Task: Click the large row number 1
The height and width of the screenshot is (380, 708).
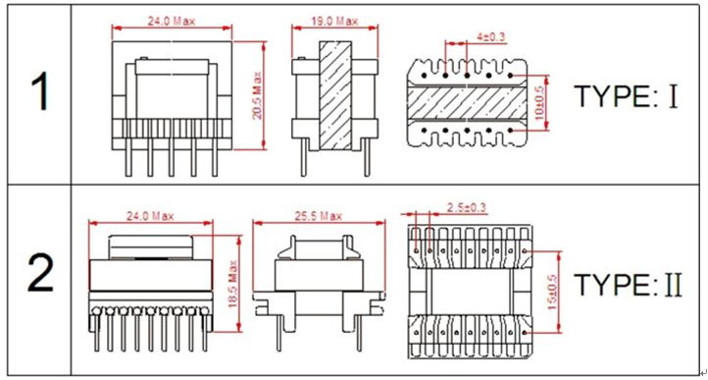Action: click(x=40, y=93)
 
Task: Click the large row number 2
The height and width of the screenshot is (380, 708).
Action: click(x=40, y=274)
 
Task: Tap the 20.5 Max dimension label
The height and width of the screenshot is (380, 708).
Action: click(x=257, y=95)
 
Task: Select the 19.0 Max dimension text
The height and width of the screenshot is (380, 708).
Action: click(x=335, y=21)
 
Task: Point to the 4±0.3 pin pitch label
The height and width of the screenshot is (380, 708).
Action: click(x=490, y=37)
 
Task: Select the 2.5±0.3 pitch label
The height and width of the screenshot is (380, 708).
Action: click(x=467, y=207)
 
